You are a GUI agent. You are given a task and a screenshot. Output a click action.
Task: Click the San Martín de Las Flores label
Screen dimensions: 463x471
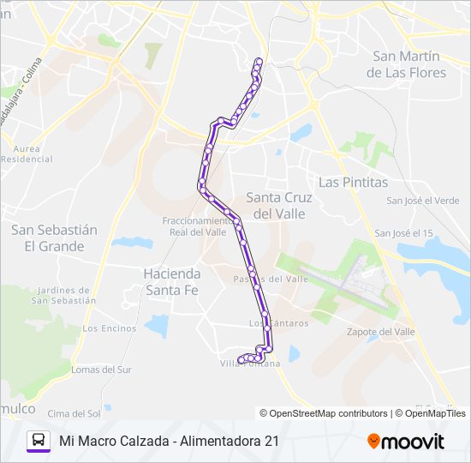pos(406,64)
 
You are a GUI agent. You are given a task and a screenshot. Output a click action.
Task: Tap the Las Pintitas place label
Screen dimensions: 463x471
pos(353,183)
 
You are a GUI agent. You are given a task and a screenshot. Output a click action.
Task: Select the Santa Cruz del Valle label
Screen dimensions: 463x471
pos(280,205)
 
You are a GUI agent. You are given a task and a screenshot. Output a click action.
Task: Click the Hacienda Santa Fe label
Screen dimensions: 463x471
pos(172,282)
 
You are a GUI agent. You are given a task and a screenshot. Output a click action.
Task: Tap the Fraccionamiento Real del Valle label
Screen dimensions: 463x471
pos(194,225)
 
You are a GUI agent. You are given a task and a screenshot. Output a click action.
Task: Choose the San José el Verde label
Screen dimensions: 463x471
pos(422,201)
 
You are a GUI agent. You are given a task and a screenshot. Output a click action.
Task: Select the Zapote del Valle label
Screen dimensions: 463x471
pos(380,332)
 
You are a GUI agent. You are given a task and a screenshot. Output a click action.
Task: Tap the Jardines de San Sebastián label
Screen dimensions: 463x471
pos(63,295)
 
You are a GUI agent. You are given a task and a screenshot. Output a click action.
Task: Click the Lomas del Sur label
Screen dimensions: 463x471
pos(101,370)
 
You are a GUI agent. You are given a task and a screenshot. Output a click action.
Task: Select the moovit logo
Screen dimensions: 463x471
pos(406,442)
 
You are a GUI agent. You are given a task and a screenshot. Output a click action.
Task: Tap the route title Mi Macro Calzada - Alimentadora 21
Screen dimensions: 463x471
pos(169,441)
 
